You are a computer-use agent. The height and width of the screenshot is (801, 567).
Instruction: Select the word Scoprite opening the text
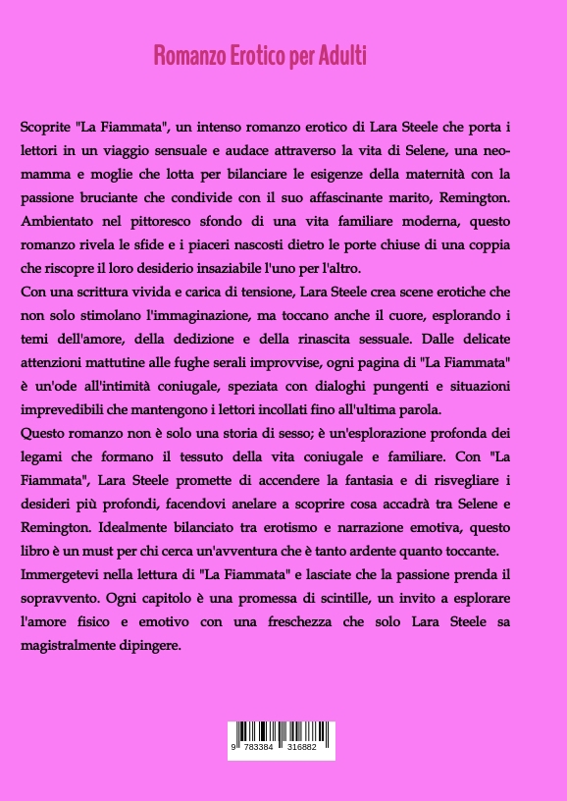[45, 129]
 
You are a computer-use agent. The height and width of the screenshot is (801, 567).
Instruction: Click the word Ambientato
[60, 223]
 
